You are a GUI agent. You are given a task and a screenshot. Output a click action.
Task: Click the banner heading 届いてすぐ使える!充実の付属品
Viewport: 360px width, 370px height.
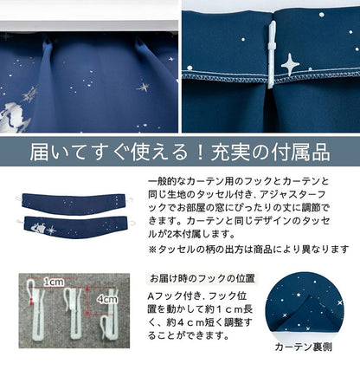click(x=180, y=153)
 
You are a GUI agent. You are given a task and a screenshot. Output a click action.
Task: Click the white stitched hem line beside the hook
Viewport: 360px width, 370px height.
click(x=320, y=75)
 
